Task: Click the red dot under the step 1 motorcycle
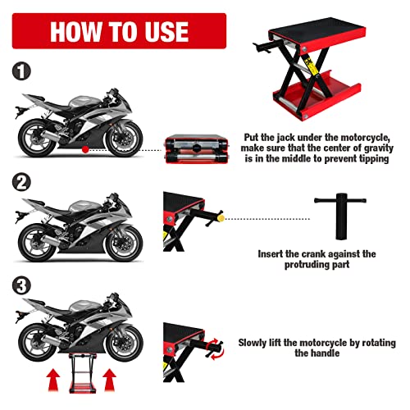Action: point(84,151)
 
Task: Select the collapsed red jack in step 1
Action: point(197,151)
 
